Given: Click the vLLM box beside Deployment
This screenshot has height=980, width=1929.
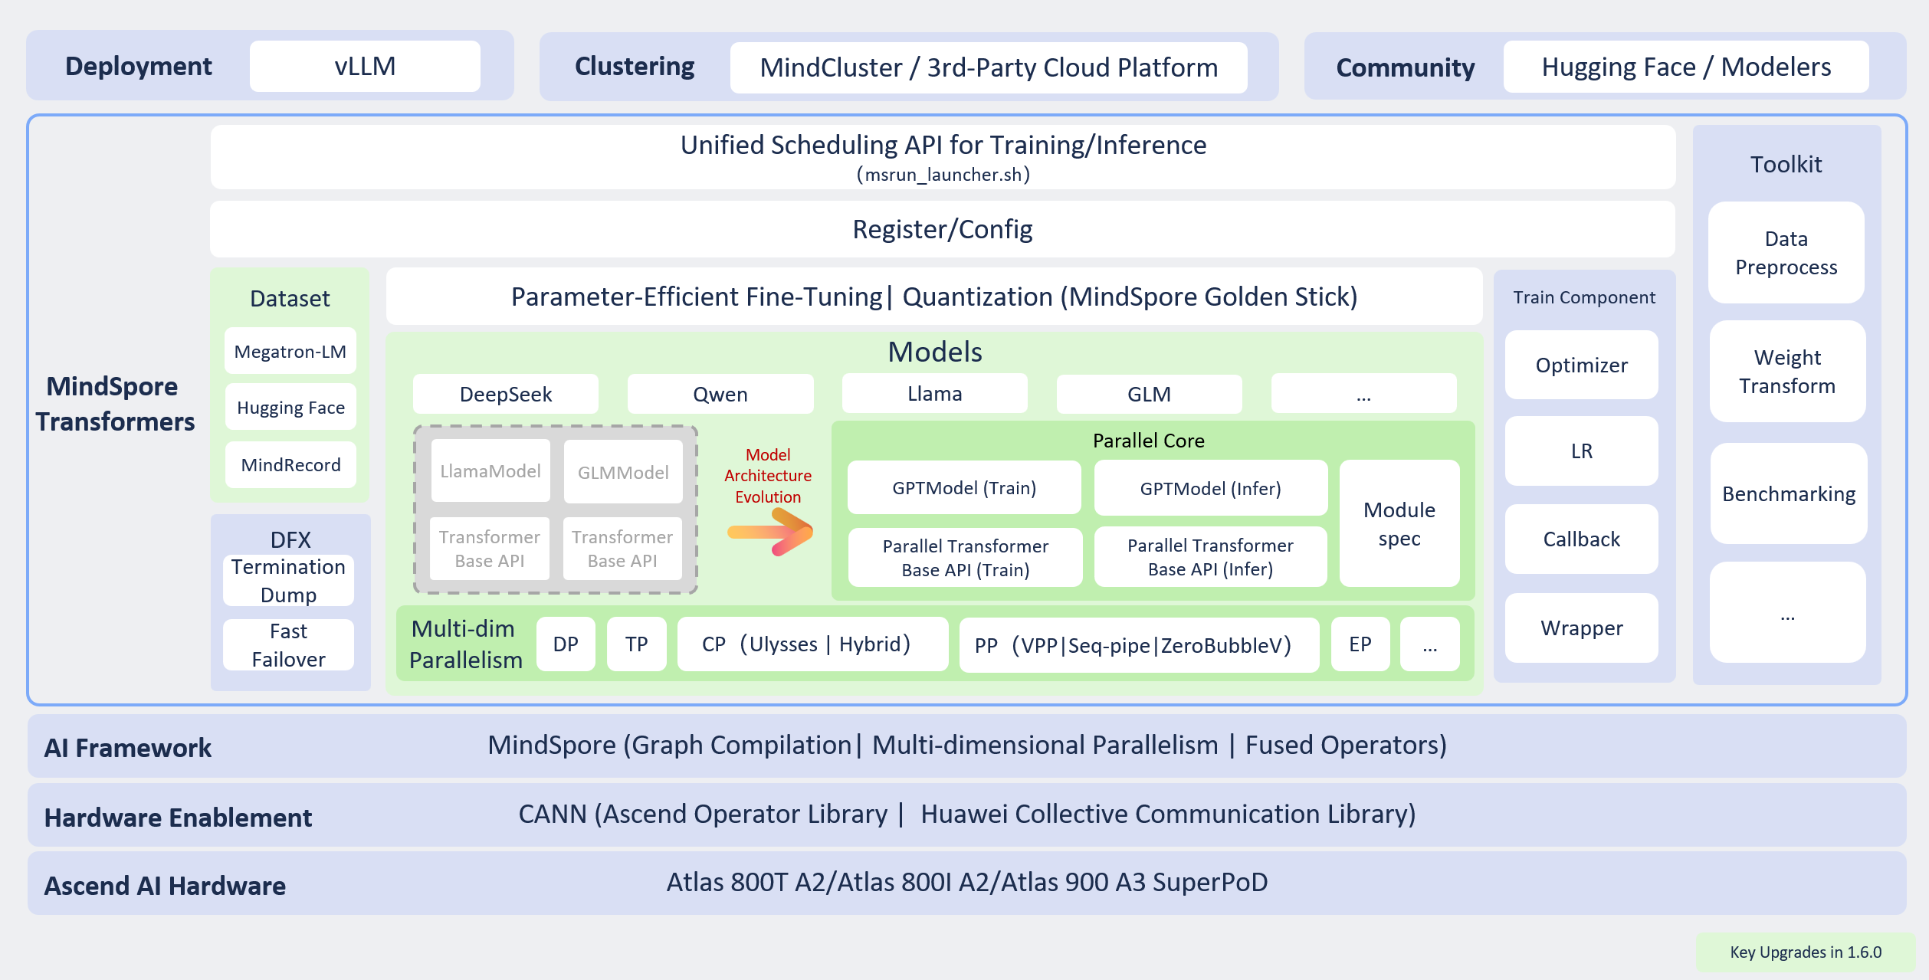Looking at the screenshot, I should coord(365,67).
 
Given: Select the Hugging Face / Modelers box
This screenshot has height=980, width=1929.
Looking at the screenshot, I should coord(1685,67).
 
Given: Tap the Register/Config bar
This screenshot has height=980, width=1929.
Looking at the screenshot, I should coord(942,229).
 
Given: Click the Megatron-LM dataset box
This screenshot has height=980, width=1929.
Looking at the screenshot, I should coord(290,352).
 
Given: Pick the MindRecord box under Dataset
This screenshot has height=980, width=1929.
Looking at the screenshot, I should coord(290,465).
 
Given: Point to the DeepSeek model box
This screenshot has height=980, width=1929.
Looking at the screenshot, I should coord(505,395).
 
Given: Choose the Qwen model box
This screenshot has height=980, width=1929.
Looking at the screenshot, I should coord(720,395).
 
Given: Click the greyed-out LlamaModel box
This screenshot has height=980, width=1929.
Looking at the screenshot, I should coord(490,471).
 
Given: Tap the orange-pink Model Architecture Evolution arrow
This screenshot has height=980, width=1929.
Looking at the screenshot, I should coord(771,533).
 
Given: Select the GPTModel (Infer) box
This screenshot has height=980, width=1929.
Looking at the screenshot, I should coord(1210,488).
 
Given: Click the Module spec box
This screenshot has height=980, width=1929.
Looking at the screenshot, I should coord(1399,524).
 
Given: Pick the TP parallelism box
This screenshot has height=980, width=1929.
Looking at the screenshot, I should coord(636,644).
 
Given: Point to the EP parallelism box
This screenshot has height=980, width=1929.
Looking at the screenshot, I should coord(1360,644).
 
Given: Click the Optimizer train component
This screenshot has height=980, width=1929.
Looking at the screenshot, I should coord(1581,365).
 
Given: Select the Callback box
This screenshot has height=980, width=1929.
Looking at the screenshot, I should coord(1581,539).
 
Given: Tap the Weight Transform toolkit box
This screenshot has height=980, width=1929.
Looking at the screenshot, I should coord(1786,372).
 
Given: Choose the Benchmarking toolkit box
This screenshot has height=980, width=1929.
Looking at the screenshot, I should coord(1788,494).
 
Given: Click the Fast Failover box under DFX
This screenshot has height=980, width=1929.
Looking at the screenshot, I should coord(288,645).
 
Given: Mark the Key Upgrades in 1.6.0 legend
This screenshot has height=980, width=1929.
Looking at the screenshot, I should coord(1805,952).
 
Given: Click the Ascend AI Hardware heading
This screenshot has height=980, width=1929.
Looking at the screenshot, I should coord(165,886).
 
